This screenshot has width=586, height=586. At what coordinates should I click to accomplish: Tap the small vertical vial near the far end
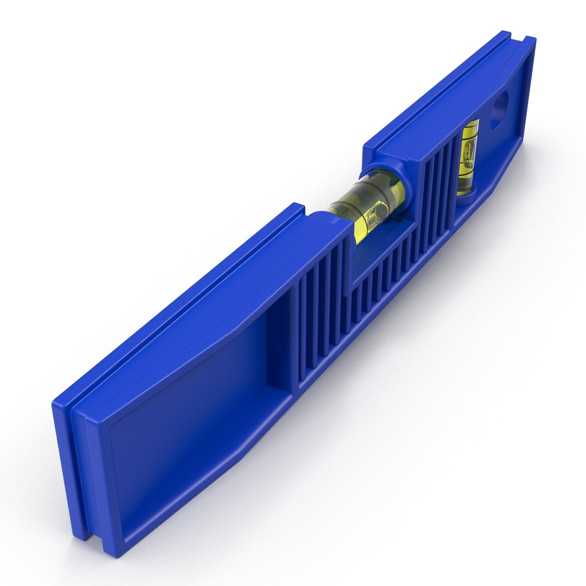tap(467, 157)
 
